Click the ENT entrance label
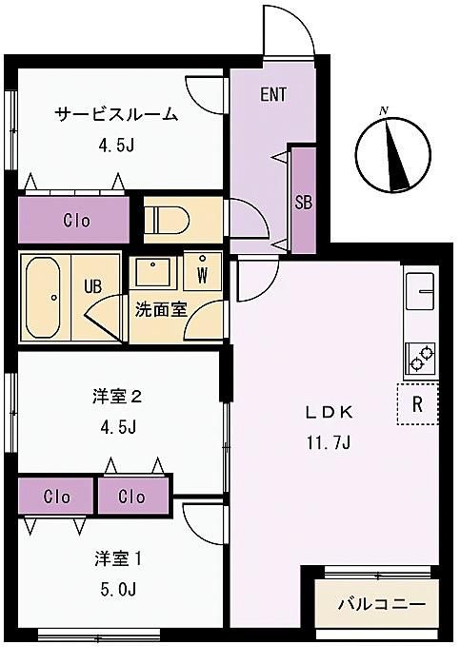[273, 94]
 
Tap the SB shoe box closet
[304, 200]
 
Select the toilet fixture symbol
[168, 220]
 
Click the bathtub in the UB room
[43, 297]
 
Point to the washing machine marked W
[202, 271]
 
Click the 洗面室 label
[161, 310]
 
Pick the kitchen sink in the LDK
[420, 290]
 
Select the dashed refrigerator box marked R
[417, 404]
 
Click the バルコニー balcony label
[381, 604]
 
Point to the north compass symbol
[393, 154]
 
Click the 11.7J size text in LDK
[329, 443]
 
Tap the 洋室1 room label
[118, 559]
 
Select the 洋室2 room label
[117, 397]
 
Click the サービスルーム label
[116, 114]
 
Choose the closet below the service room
[73, 220]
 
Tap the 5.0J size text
[118, 589]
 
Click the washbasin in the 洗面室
[152, 271]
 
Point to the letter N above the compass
[384, 111]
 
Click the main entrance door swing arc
[301, 21]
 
